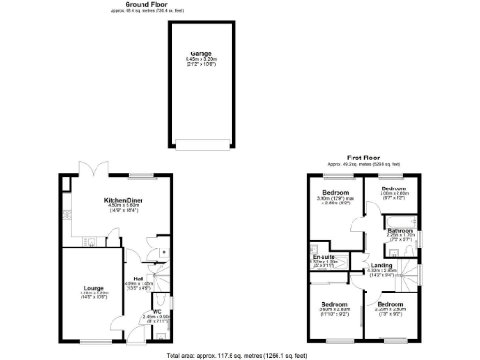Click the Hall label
139,278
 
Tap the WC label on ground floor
156,311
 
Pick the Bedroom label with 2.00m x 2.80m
394,188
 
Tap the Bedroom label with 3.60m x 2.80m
335,305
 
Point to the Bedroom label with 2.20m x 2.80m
390,305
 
